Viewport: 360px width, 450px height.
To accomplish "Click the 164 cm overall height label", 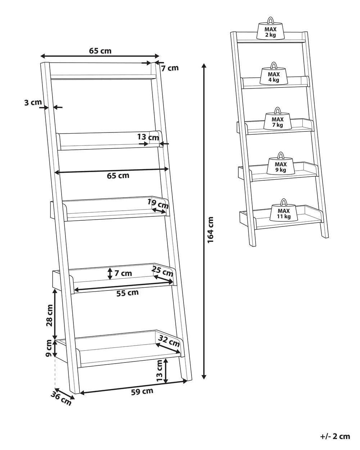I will point(211,229).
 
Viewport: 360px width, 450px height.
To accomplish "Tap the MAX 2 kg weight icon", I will point(271,31).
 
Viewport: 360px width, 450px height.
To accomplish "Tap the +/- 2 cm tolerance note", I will point(334,436).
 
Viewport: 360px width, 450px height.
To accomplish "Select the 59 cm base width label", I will point(143,391).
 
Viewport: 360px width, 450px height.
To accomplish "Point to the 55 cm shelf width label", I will point(128,293).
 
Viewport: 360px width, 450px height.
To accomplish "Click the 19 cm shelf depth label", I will point(158,204).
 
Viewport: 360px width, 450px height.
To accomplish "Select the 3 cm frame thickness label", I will point(33,103).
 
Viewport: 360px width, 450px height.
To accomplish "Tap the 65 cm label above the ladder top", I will point(100,51).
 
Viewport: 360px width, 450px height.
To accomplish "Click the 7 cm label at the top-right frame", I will point(170,68).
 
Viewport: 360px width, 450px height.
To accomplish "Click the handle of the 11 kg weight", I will point(283,202).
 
